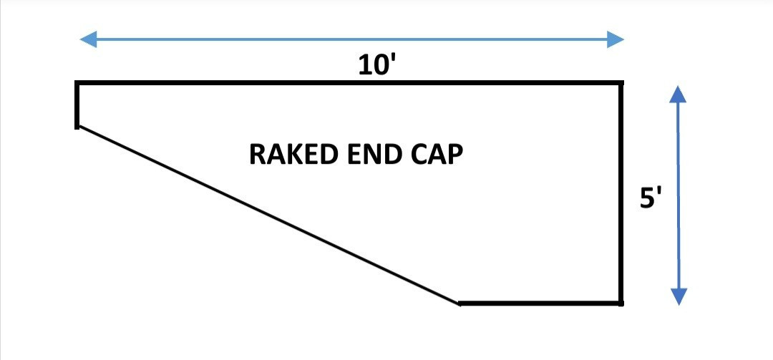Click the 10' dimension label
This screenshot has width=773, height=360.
376,65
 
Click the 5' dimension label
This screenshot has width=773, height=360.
650,197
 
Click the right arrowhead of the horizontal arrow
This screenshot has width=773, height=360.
616,39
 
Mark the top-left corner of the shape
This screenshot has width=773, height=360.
77,84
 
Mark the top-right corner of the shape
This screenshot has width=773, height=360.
621,84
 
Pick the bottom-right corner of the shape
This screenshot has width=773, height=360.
621,303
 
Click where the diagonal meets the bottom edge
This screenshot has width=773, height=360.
459,303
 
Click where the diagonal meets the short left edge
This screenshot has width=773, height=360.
77,127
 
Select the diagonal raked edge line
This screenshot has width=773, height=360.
268,215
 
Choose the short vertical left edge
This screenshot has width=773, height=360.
77,105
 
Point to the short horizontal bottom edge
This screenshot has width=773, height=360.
540,303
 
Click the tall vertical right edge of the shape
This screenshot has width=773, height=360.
621,193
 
